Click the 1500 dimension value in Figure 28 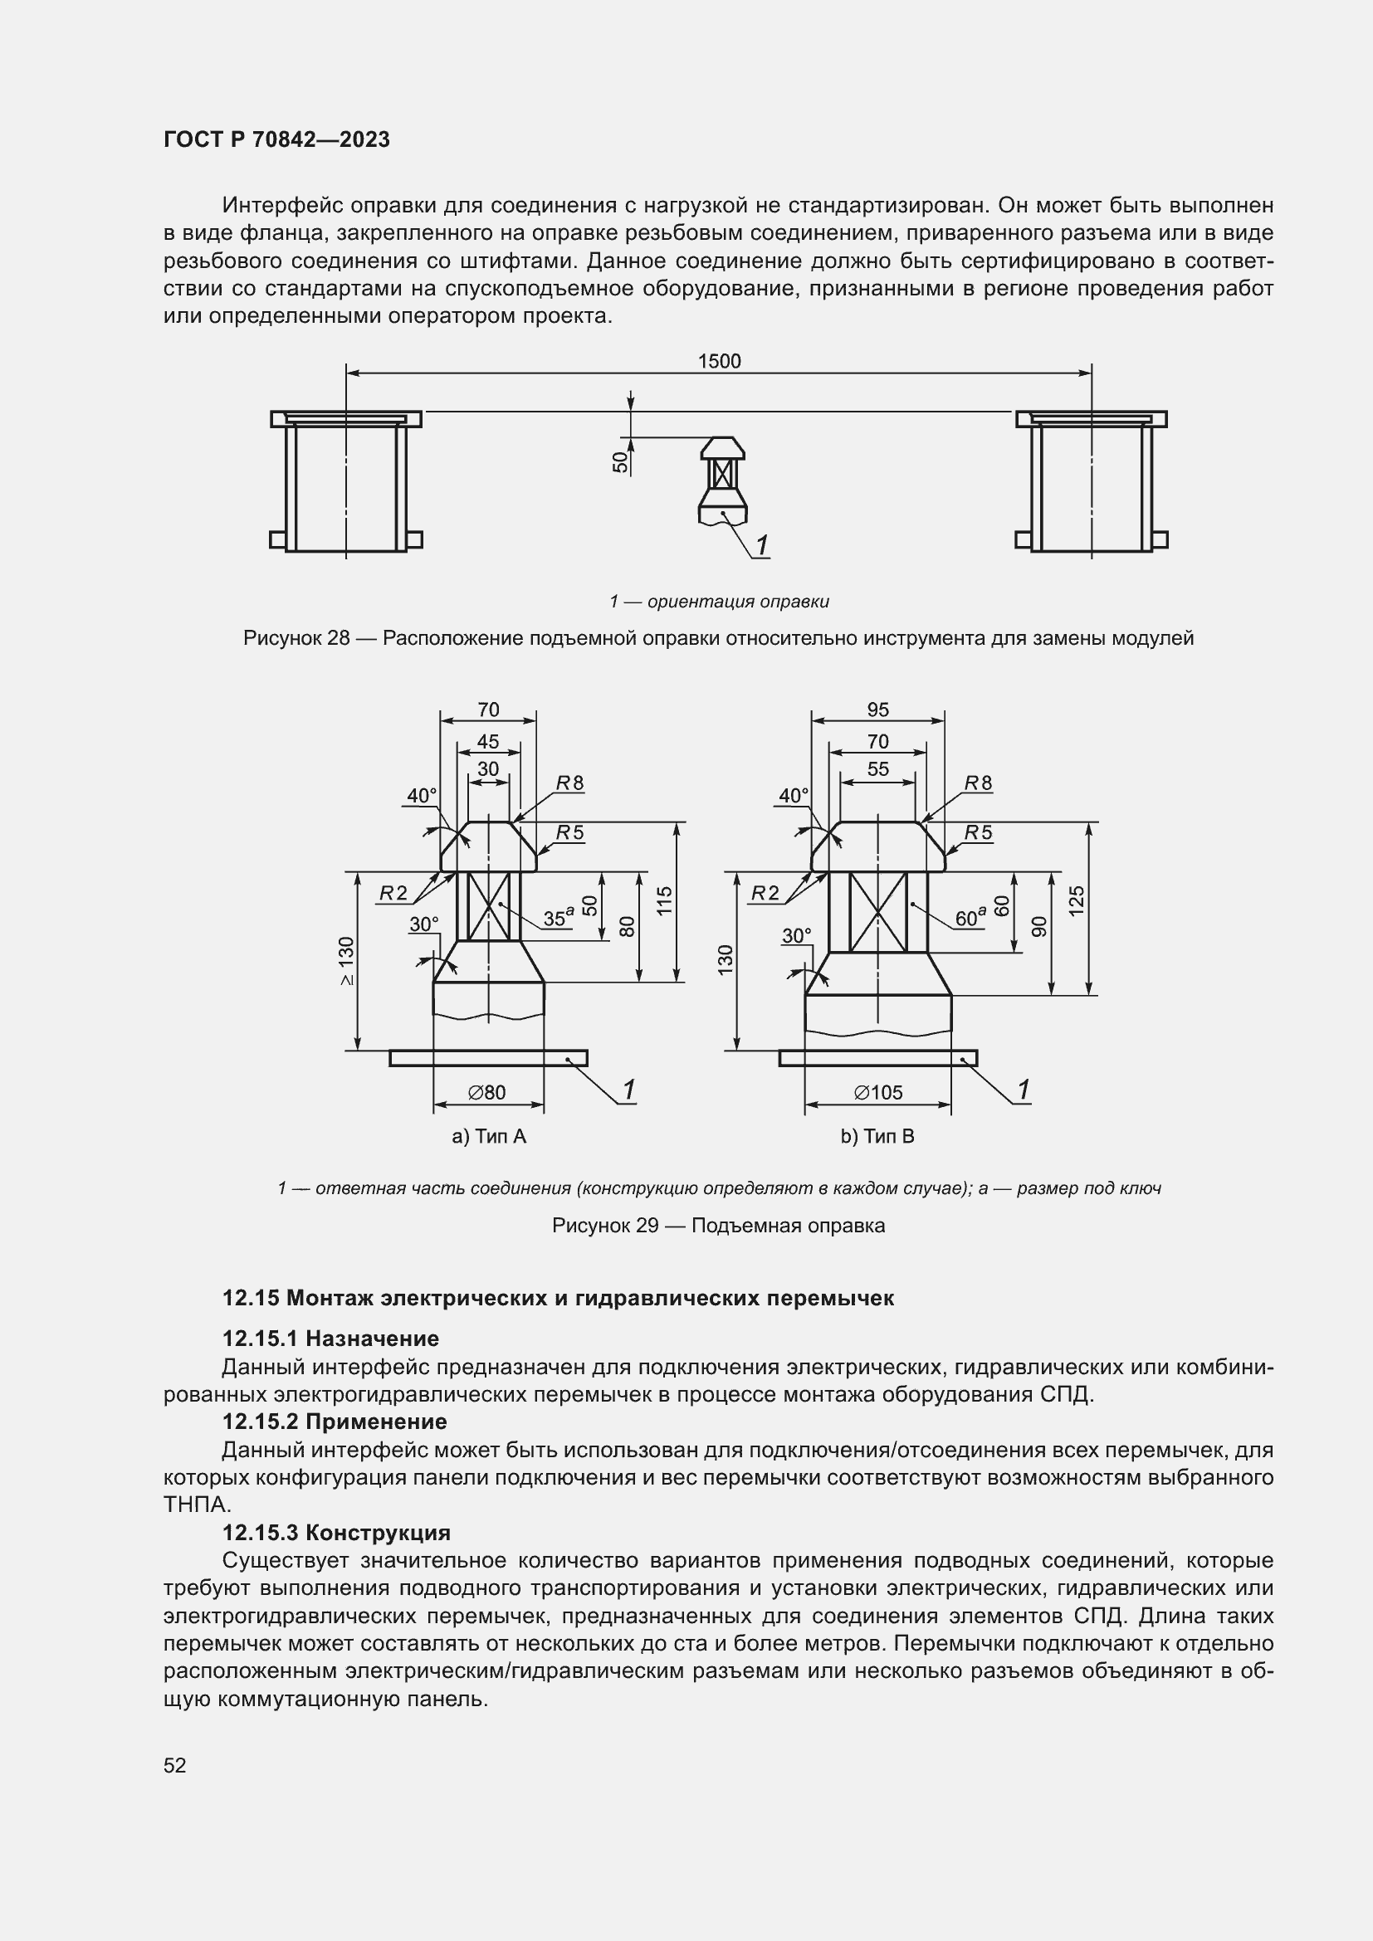click(x=719, y=361)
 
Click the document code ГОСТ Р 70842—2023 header click(x=276, y=139)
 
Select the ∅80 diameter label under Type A click(x=487, y=1092)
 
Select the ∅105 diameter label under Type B click(x=878, y=1092)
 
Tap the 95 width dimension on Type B click(x=877, y=710)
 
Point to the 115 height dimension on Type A click(x=665, y=901)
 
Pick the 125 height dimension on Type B click(x=1077, y=901)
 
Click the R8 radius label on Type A click(x=569, y=783)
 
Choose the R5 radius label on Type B click(x=978, y=832)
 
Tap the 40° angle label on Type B click(x=794, y=796)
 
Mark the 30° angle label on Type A click(x=424, y=924)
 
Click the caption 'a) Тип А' click(x=489, y=1136)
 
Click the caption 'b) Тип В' click(x=877, y=1136)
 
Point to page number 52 click(x=175, y=1765)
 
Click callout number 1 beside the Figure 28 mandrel click(x=762, y=546)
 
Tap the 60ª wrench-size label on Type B click(x=970, y=918)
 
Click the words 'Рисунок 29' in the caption click(x=604, y=1225)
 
